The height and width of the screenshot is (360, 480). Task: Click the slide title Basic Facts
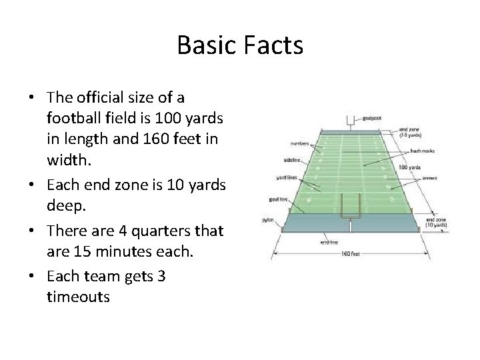pos(240,45)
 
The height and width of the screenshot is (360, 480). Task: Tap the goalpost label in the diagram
pos(371,118)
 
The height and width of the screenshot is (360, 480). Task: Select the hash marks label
pos(422,151)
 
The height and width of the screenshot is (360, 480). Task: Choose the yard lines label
pos(287,177)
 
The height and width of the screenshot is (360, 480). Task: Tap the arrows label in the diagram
pos(429,178)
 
